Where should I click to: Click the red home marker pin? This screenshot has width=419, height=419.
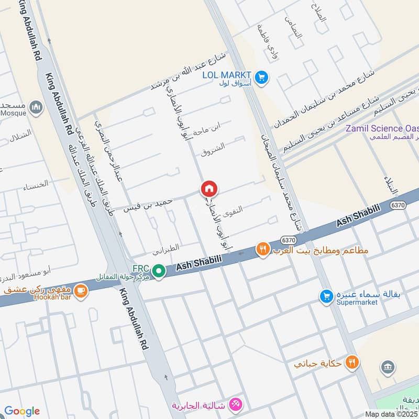[x=209, y=189]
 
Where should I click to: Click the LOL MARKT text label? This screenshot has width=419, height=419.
[x=227, y=75]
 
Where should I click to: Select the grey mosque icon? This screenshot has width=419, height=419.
[x=36, y=108]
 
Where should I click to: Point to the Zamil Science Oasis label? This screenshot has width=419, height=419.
[x=381, y=128]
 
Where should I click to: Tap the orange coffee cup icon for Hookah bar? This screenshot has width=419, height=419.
[x=80, y=291]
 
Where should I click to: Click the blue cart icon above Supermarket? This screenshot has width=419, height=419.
[x=326, y=296]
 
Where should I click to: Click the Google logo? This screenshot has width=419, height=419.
[x=22, y=411]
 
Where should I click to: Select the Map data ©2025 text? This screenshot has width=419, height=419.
[x=392, y=414]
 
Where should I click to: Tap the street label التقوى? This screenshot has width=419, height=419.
[x=233, y=210]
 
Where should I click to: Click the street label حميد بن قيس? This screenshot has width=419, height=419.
[x=145, y=204]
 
